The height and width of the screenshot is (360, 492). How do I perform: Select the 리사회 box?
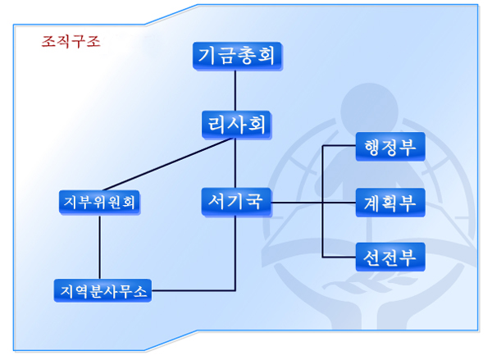(x=236, y=125)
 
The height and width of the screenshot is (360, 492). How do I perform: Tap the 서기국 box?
(x=236, y=201)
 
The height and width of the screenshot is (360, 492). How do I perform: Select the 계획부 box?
(x=390, y=202)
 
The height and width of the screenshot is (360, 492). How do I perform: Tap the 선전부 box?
(x=390, y=257)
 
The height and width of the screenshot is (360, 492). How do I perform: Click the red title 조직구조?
(x=71, y=42)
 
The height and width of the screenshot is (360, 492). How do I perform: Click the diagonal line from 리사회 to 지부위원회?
(x=172, y=164)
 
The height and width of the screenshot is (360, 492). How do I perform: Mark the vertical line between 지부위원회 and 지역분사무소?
(x=100, y=246)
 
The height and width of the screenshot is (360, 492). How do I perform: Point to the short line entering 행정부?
(x=339, y=147)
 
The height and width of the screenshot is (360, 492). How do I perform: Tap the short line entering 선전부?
(x=339, y=257)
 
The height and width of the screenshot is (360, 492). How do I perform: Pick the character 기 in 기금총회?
(x=208, y=56)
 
